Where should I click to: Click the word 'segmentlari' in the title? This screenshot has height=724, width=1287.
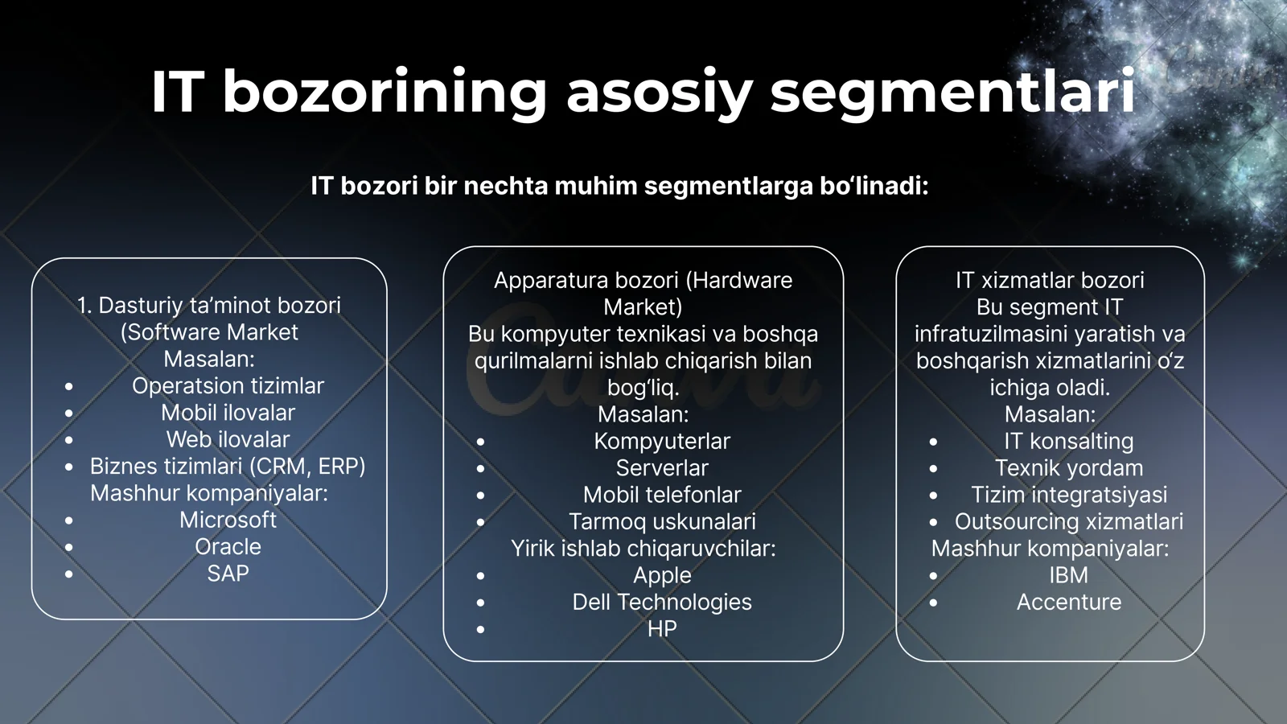[x=952, y=92]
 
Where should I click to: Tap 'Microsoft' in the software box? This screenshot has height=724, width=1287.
[x=228, y=520]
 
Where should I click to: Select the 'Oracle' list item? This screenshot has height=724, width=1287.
[x=228, y=547]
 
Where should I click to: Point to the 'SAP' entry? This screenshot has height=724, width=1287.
[x=228, y=574]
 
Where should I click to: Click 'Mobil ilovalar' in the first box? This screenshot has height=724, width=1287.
[x=228, y=413]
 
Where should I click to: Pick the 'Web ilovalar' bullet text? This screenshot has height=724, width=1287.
[x=228, y=439]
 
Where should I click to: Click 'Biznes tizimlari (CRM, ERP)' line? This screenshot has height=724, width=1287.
[x=228, y=467]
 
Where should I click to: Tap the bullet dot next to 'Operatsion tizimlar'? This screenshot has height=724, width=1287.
[x=69, y=387]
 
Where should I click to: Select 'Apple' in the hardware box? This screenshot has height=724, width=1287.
[x=662, y=575]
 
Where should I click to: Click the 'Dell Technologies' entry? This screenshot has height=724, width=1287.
[x=662, y=602]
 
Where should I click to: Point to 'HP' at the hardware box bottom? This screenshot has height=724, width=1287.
[x=662, y=629]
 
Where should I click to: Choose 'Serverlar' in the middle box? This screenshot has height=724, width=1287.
[x=662, y=468]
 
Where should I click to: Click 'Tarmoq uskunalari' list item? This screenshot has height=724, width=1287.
[x=662, y=521]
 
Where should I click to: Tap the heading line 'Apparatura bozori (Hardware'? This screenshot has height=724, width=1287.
[x=643, y=280]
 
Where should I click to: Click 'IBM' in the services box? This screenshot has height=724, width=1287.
[x=1068, y=575]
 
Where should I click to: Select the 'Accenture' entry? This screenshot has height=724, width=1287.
[x=1068, y=602]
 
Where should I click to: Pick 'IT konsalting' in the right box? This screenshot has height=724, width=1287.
[x=1068, y=441]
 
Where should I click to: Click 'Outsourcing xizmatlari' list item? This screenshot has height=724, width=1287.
[x=1068, y=521]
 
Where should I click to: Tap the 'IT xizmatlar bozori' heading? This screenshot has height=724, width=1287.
[x=1050, y=280]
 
